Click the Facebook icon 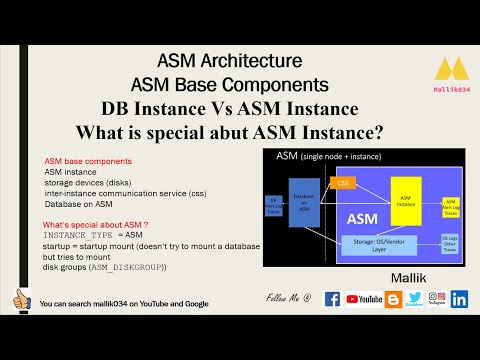point(333,298)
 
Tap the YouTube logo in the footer point(363,298)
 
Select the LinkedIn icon point(460,298)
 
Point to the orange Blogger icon point(393,298)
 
